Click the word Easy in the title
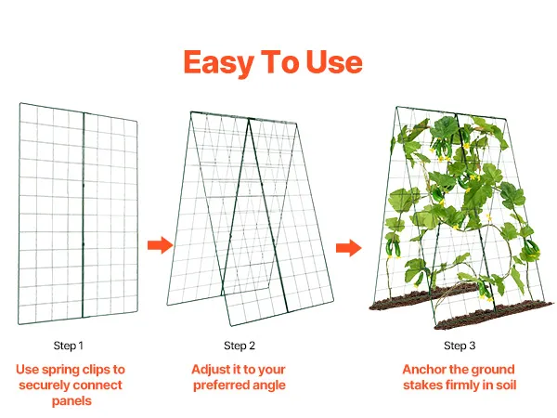click(x=218, y=62)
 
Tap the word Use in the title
click(x=334, y=62)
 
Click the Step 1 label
click(x=68, y=346)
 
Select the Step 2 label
click(x=240, y=346)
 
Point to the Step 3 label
click(x=460, y=346)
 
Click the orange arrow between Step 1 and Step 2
click(x=161, y=245)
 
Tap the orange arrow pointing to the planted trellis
click(x=349, y=248)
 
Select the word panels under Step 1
click(x=71, y=401)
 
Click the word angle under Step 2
click(x=269, y=385)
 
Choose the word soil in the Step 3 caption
click(x=507, y=385)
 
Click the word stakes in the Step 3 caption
click(x=422, y=385)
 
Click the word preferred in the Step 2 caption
click(x=222, y=385)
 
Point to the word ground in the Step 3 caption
click(x=494, y=370)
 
